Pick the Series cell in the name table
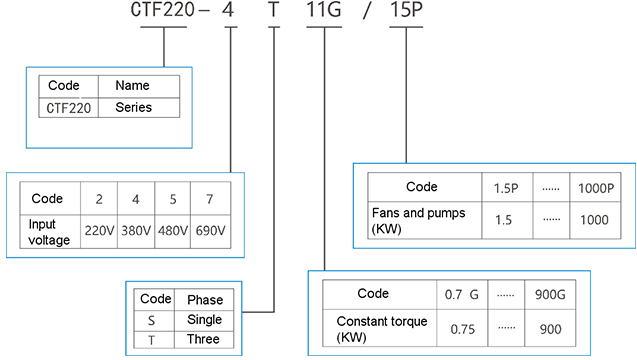(x=133, y=106)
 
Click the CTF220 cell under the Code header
(x=69, y=106)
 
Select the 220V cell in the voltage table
(x=98, y=229)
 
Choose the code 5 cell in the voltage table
(x=172, y=198)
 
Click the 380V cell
(x=135, y=229)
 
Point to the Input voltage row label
(x=49, y=229)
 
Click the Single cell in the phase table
(x=204, y=319)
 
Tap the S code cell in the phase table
(x=152, y=319)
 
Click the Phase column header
(x=205, y=299)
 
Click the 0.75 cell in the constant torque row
(x=460, y=328)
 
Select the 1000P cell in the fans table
(x=596, y=188)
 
